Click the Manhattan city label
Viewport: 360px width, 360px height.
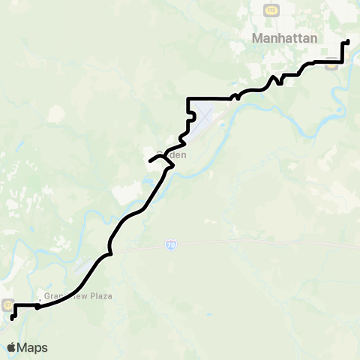pyautogui.click(x=285, y=37)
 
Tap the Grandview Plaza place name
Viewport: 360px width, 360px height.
pyautogui.click(x=78, y=296)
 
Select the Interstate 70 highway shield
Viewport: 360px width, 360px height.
pyautogui.click(x=171, y=245)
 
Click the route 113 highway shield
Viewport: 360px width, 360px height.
pyautogui.click(x=271, y=8)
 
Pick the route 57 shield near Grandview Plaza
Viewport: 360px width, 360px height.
pyautogui.click(x=7, y=305)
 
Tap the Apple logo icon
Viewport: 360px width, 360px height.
pyautogui.click(x=11, y=347)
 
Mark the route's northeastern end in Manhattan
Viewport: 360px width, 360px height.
pyautogui.click(x=348, y=41)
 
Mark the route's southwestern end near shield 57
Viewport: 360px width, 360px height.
pyautogui.click(x=12, y=319)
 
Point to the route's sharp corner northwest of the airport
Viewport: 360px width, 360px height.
pyautogui.click(x=187, y=98)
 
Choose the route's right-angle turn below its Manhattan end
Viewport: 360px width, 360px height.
pyautogui.click(x=343, y=62)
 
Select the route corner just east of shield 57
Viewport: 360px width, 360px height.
pyautogui.click(x=15, y=305)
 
